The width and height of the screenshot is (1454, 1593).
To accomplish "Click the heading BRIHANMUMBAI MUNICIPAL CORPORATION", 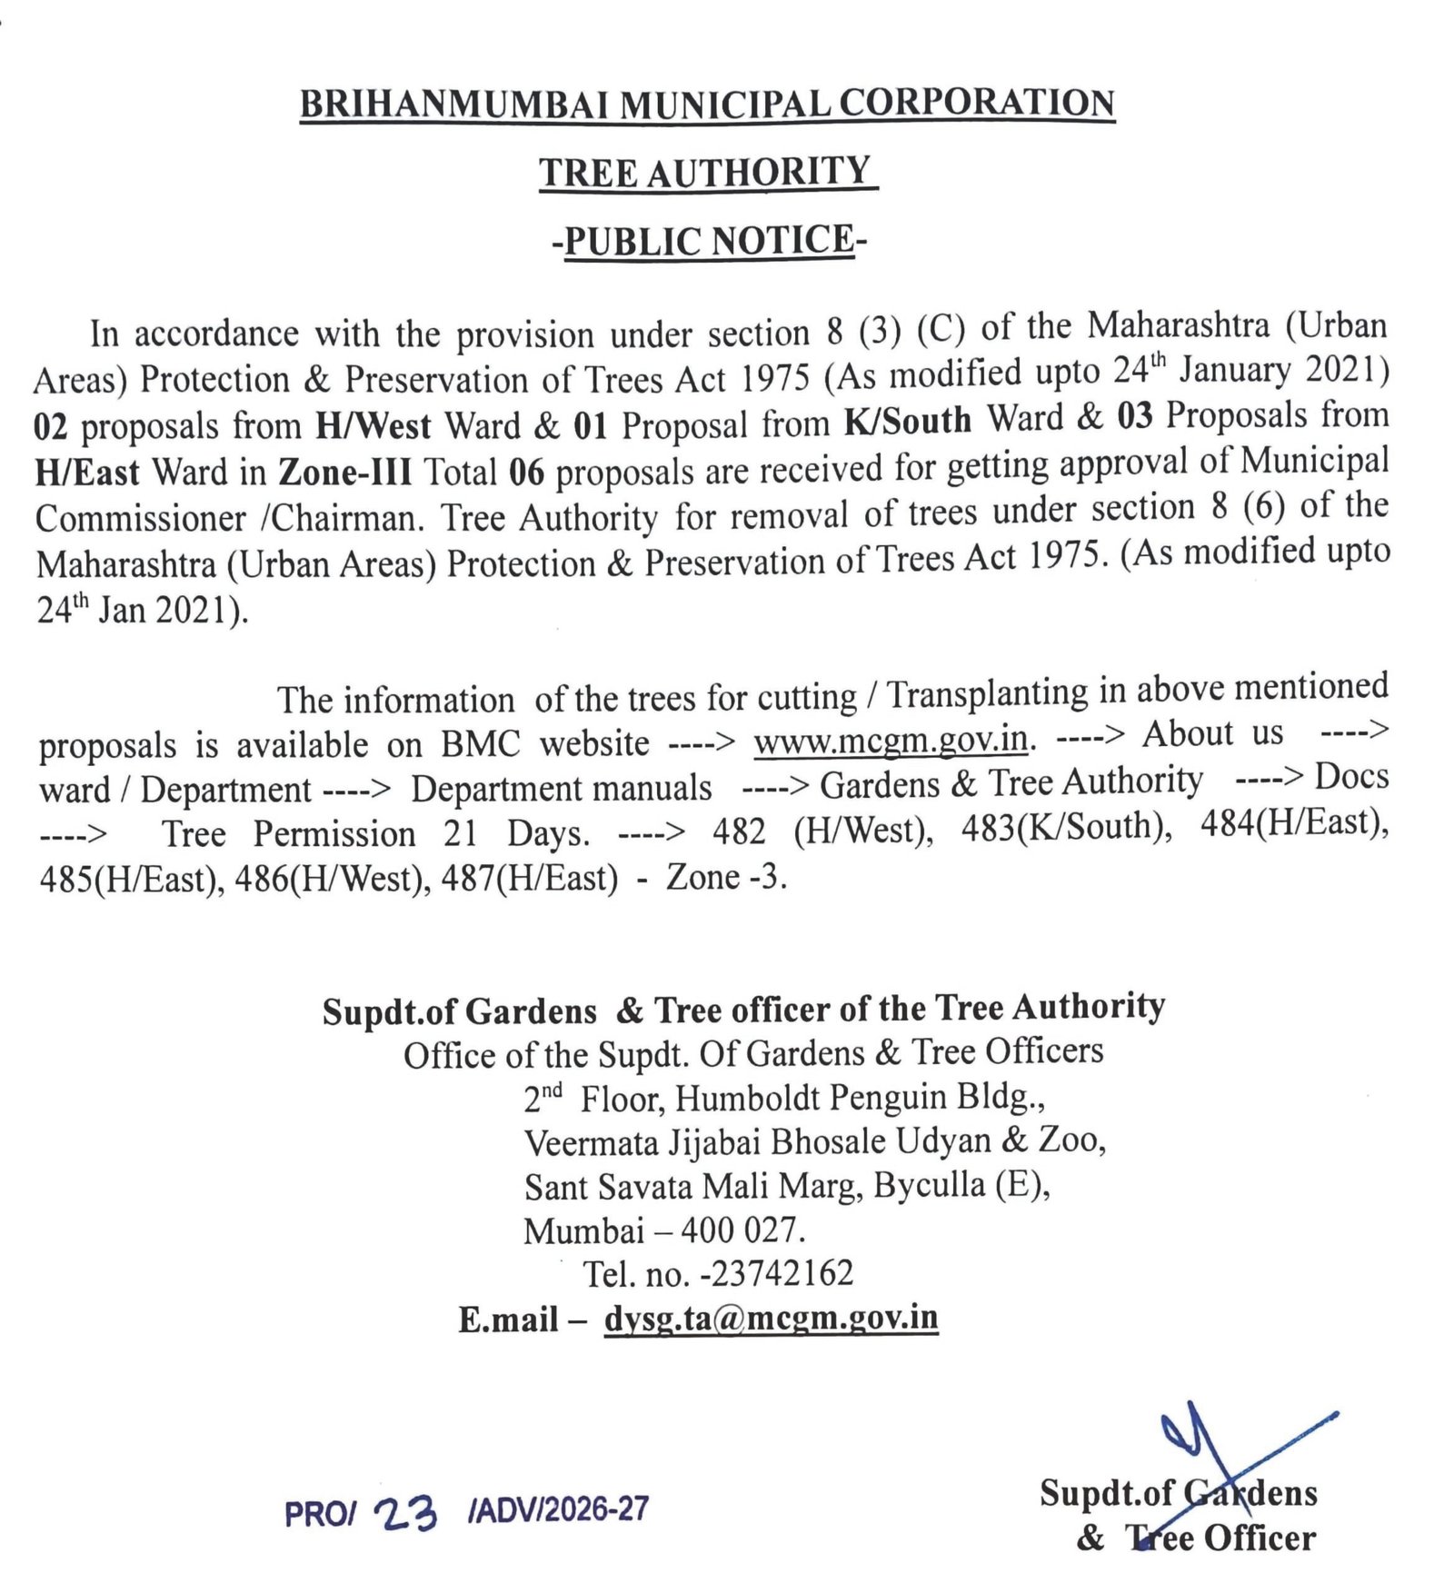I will [x=707, y=104].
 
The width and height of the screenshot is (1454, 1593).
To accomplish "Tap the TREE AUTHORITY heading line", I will [x=706, y=172].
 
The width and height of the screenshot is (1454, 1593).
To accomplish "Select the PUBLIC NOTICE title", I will [x=709, y=241].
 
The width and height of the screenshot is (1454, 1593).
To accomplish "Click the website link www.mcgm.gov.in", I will [x=891, y=740].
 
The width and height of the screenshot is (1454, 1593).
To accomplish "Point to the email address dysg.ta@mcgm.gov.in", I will [x=771, y=1318].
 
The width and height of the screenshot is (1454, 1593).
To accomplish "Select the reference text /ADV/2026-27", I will [x=558, y=1509].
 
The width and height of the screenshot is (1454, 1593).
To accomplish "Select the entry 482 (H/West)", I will [x=822, y=831].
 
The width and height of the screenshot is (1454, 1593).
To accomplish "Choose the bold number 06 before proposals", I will [x=526, y=472].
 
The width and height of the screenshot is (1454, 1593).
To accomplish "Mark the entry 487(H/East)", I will [x=530, y=878].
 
